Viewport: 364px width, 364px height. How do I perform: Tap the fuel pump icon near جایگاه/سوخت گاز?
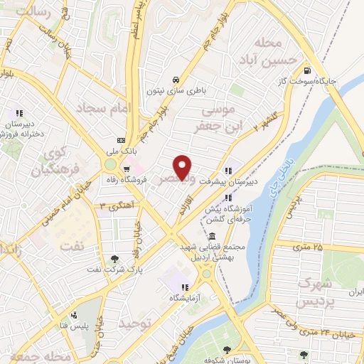306,70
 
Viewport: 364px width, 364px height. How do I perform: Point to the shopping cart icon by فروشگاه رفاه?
126,169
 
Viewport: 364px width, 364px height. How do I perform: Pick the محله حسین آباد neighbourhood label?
269,50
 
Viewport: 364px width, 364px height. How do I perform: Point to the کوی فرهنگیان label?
50,161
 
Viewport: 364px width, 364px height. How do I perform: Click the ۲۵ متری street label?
307,247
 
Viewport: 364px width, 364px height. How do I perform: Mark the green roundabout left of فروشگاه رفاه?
110,166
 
